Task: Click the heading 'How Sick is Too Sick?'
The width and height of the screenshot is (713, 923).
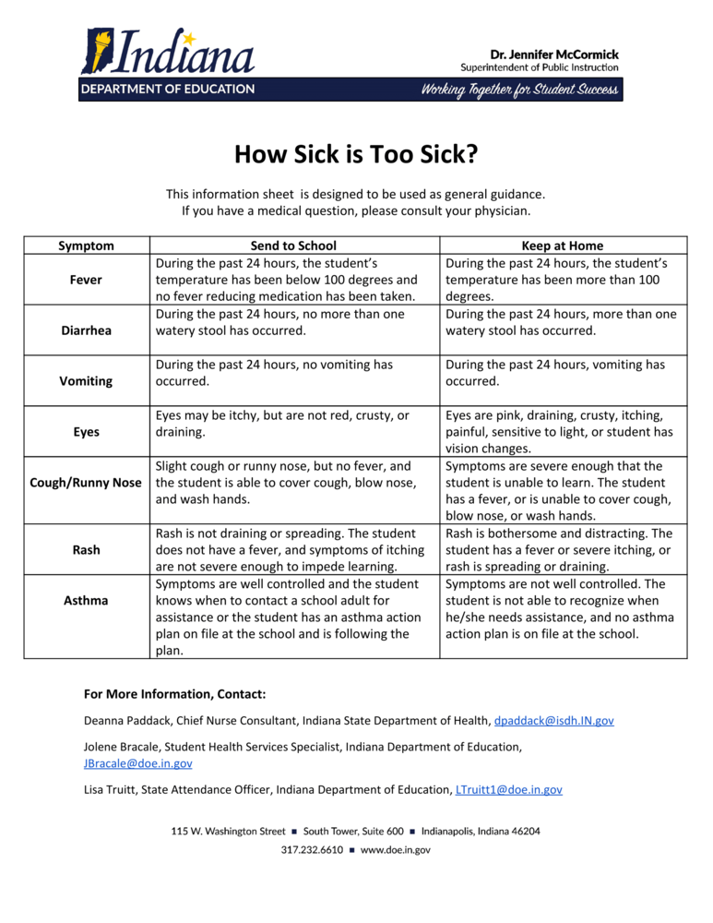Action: click(x=356, y=152)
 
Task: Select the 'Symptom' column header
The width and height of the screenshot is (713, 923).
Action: click(x=87, y=246)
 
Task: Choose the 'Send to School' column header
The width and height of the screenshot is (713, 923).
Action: click(x=293, y=246)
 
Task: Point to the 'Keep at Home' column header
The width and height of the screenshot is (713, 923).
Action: click(x=563, y=246)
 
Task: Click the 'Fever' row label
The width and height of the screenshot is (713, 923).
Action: click(x=87, y=279)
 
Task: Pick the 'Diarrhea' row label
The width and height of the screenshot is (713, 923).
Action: click(x=87, y=330)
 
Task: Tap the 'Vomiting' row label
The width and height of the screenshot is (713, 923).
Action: click(x=87, y=380)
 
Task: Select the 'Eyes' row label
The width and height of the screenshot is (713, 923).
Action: click(x=87, y=431)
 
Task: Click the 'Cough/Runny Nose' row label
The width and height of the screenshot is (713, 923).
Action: click(x=87, y=483)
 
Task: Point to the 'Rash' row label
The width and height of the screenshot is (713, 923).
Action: click(x=87, y=550)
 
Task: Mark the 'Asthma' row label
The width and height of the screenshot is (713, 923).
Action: click(x=87, y=601)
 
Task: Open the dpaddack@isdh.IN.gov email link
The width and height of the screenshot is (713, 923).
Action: click(x=553, y=720)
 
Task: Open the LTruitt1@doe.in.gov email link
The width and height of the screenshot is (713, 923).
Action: click(x=509, y=790)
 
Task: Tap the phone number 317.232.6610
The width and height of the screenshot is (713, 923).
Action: click(x=312, y=850)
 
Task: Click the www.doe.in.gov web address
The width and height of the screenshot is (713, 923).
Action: click(x=395, y=850)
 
